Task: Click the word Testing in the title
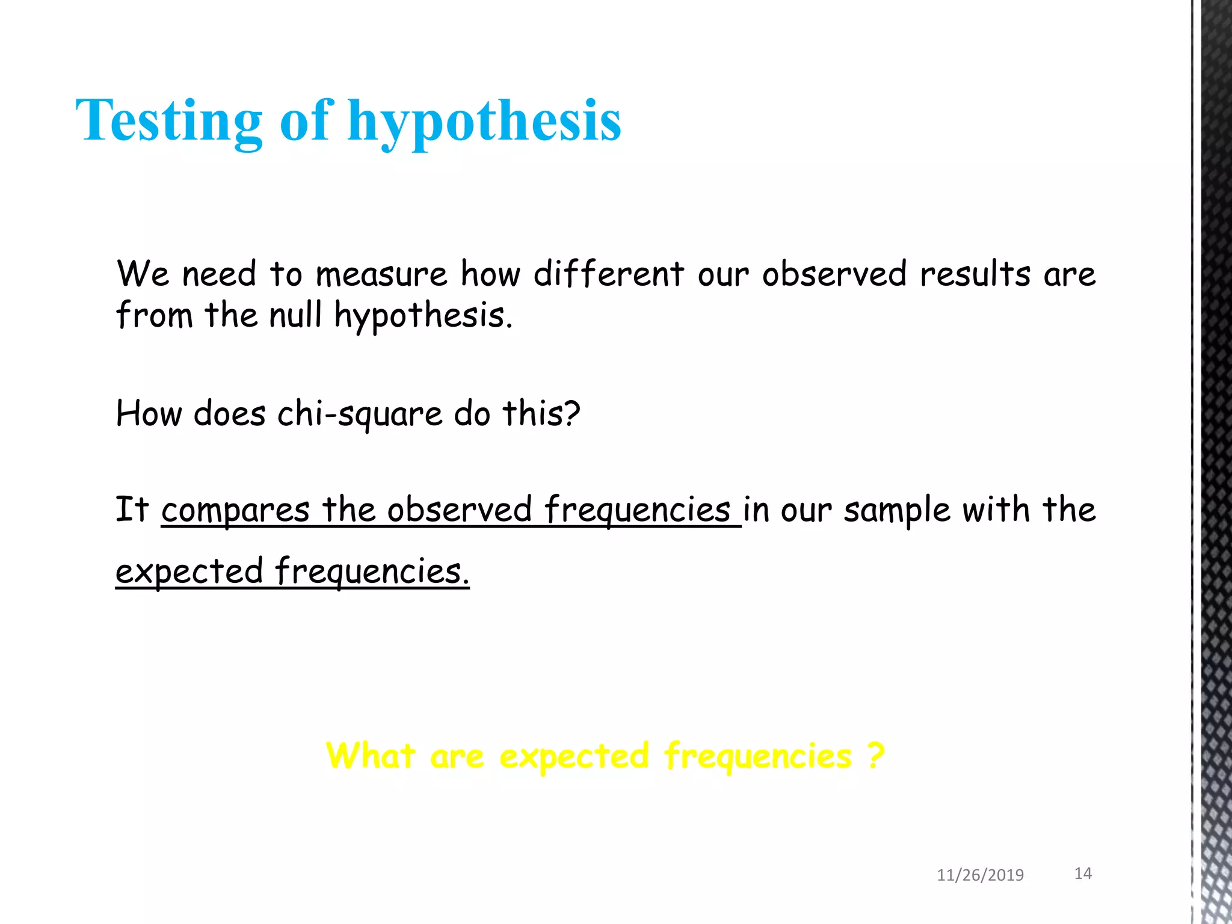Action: pyautogui.click(x=169, y=122)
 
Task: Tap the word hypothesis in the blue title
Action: pyautogui.click(x=484, y=122)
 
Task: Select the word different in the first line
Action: pyautogui.click(x=608, y=275)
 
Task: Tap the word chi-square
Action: pyautogui.click(x=360, y=414)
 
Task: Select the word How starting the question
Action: pyautogui.click(x=149, y=414)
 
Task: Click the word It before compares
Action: pyautogui.click(x=132, y=510)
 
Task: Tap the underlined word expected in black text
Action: pyautogui.click(x=189, y=571)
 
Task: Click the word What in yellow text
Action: pyautogui.click(x=371, y=756)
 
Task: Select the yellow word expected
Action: pyautogui.click(x=574, y=757)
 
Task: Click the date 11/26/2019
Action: pyautogui.click(x=980, y=875)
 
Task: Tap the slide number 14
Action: pyautogui.click(x=1083, y=873)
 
